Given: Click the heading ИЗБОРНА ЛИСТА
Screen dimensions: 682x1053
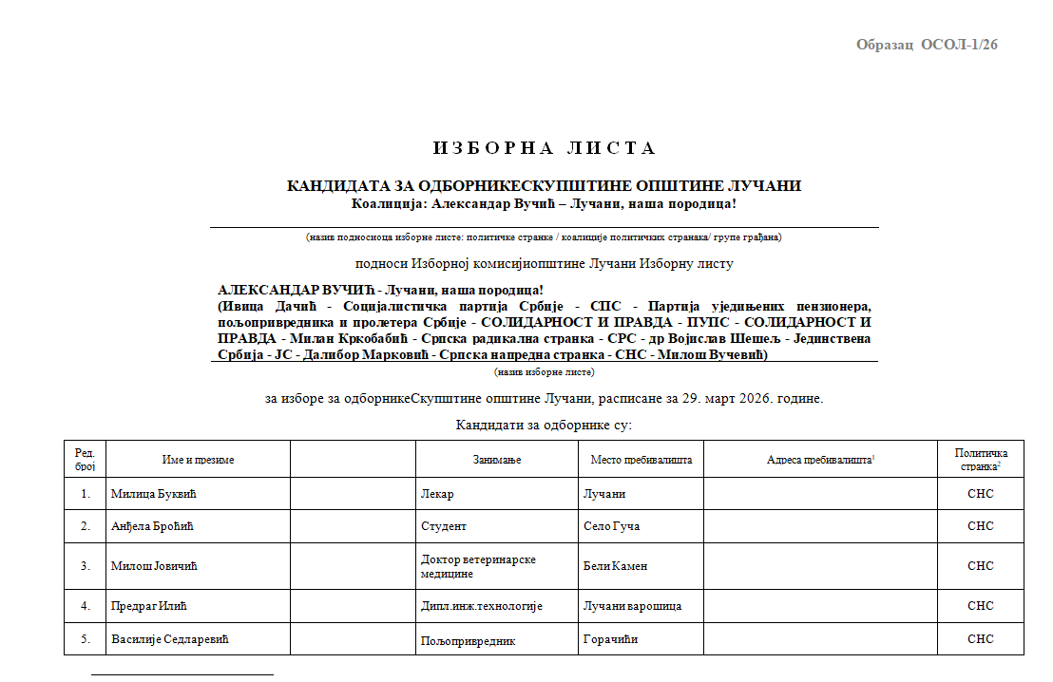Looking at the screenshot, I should (x=545, y=148).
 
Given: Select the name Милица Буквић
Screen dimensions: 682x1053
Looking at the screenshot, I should (x=160, y=495).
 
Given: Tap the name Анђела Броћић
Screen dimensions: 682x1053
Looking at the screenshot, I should (x=159, y=526).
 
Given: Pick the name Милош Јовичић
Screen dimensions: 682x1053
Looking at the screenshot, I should (x=159, y=566).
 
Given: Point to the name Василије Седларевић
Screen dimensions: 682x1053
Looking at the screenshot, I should (x=170, y=639).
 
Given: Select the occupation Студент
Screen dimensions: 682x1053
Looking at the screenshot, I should (x=444, y=526).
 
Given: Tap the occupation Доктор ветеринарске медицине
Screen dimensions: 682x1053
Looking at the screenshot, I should (x=478, y=566).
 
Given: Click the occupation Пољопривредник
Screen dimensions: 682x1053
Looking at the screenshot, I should (x=468, y=641).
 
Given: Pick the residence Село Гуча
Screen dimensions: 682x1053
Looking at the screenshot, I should (x=611, y=526).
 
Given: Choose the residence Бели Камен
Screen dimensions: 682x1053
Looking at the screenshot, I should (x=615, y=566).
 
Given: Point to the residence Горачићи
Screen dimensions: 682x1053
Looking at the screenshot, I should (x=611, y=639).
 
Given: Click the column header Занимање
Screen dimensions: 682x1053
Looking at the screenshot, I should (x=497, y=460).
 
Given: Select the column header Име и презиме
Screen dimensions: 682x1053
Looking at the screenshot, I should (x=198, y=460).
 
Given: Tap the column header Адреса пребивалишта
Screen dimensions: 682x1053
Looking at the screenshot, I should (x=819, y=460).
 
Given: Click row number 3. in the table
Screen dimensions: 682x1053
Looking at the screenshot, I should (x=86, y=566).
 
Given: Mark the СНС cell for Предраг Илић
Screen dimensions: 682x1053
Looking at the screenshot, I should (x=980, y=606).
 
